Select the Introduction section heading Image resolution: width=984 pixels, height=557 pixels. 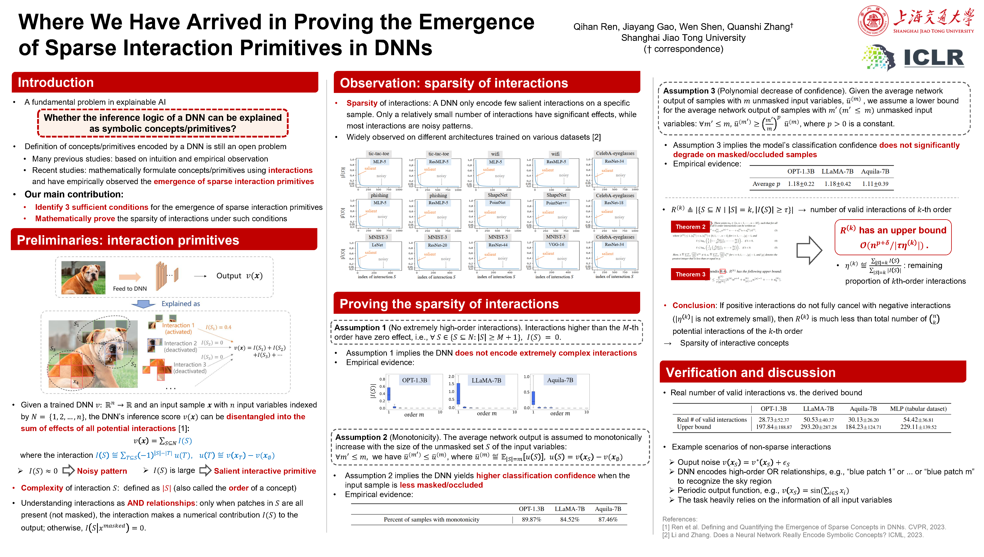(x=56, y=83)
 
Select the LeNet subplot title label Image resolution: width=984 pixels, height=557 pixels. (x=377, y=245)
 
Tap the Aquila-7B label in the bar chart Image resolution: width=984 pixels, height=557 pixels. (x=560, y=380)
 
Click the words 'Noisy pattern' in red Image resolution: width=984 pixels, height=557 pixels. (x=102, y=471)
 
